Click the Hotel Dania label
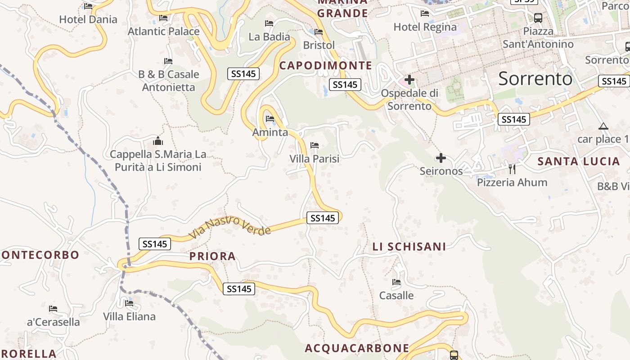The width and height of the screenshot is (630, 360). pos(88,19)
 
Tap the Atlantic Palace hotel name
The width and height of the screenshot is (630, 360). pos(163,31)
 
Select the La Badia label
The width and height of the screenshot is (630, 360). pos(269,36)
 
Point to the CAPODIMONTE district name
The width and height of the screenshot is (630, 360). pos(326,66)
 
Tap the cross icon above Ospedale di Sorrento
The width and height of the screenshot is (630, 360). pos(409,80)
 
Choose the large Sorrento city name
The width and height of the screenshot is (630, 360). pos(535,79)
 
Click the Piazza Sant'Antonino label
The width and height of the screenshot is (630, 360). pos(538,38)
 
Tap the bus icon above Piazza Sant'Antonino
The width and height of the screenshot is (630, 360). pos(538,18)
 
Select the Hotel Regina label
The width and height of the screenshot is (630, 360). pos(425,27)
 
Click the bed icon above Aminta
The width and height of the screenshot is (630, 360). pos(270,119)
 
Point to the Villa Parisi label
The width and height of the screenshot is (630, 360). pos(315,159)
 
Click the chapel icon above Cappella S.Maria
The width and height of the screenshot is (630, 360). pos(157,141)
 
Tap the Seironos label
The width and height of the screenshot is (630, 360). pos(441,171)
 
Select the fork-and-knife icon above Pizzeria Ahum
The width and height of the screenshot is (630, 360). pos(512,169)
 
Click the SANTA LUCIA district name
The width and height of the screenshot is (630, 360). pos(579,162)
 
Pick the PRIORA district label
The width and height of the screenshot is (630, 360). pos(212,256)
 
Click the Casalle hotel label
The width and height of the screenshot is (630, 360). pos(396,296)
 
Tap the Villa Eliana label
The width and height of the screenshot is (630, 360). pos(129,316)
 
